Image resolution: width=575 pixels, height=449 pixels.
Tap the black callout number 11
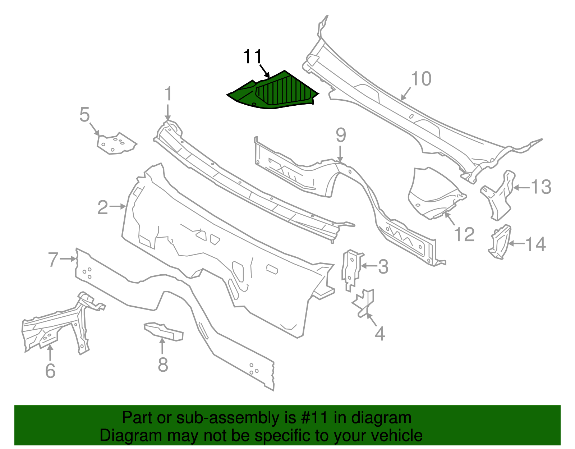[x=253, y=57]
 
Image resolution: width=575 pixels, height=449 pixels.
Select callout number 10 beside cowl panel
[x=421, y=79]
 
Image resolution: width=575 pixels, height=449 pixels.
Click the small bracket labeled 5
[x=116, y=144]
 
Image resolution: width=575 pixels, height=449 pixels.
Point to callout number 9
[x=341, y=136]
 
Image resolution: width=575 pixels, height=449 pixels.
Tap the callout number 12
[x=464, y=234]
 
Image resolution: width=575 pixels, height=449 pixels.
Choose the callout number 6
[x=50, y=371]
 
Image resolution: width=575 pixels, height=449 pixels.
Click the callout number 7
[x=53, y=260]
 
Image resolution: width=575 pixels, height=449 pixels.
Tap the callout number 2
[x=102, y=207]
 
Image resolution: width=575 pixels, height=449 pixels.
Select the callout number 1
[x=168, y=94]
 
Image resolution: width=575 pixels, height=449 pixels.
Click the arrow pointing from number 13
[x=521, y=187]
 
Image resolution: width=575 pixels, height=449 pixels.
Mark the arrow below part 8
[x=162, y=347]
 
